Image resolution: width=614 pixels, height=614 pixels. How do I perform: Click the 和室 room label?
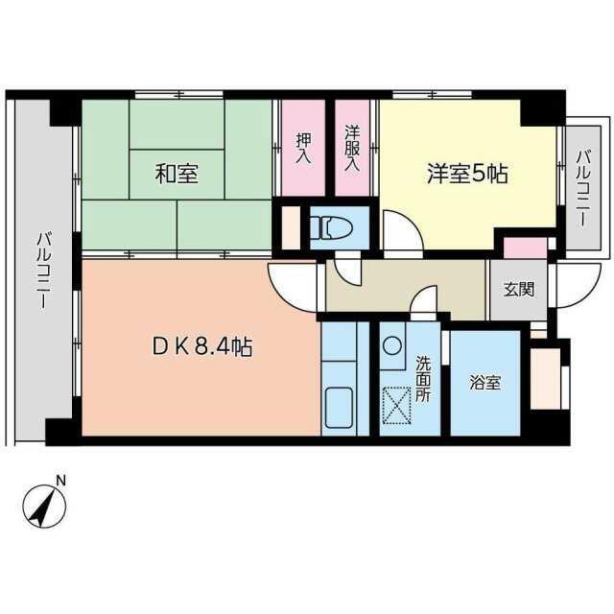click(177, 174)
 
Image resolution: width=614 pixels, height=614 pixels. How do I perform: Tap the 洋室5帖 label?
click(467, 174)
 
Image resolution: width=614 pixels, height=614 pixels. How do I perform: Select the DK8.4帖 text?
click(202, 346)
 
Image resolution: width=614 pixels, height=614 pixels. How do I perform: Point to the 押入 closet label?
click(303, 148)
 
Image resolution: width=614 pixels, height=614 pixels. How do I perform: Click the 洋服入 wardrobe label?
click(352, 148)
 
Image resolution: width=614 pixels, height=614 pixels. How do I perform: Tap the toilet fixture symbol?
click(331, 227)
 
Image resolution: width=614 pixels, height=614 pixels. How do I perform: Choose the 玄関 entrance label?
click(519, 290)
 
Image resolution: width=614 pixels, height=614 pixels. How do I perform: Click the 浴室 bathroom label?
click(485, 383)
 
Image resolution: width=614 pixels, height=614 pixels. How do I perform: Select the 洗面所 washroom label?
click(423, 378)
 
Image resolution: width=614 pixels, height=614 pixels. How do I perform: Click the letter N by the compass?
click(60, 480)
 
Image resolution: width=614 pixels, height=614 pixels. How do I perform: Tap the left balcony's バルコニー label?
click(44, 271)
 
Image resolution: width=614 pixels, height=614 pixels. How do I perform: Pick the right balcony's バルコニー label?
click(583, 188)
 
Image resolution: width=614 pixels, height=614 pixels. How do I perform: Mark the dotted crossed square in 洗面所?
click(396, 405)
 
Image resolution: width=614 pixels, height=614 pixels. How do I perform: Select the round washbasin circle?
click(392, 346)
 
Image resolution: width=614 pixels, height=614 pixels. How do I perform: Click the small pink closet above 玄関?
click(525, 248)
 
